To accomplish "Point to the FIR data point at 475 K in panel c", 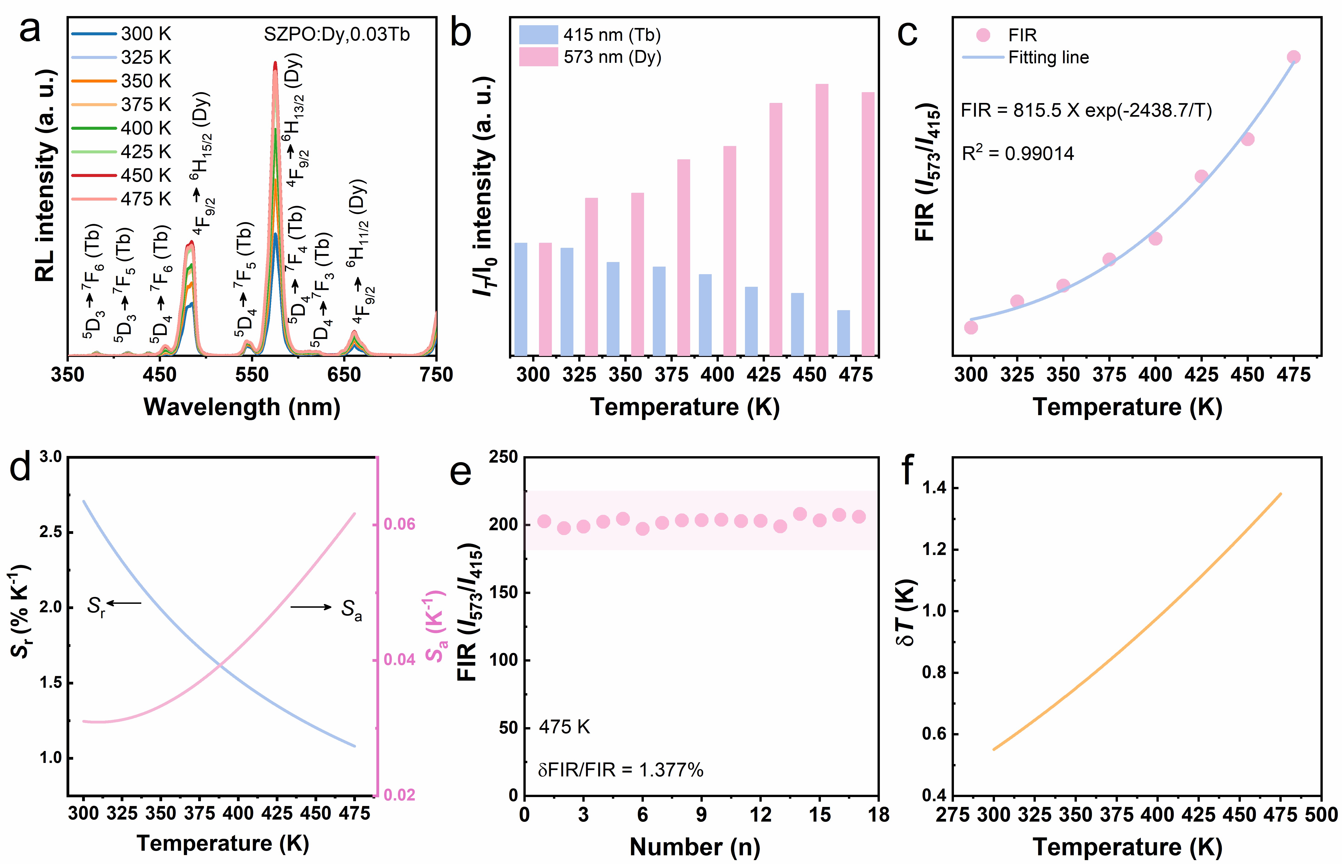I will [1293, 57].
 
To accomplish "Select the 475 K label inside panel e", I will [564, 727].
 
